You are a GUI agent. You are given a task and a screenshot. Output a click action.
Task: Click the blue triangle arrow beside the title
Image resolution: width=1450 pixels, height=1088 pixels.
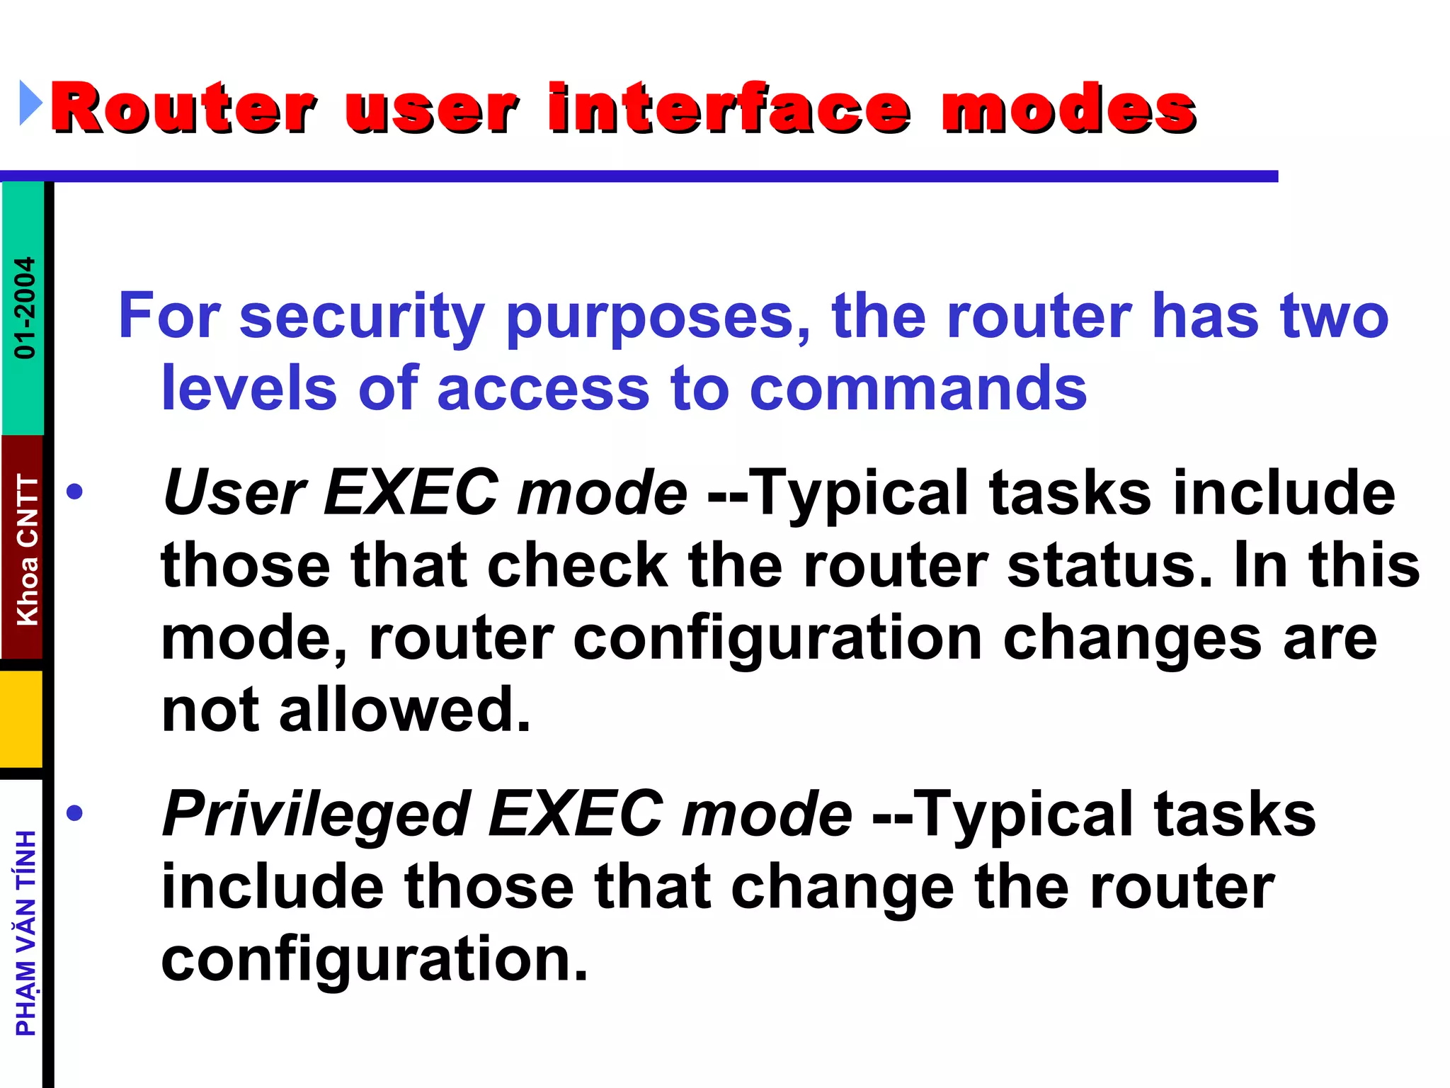point(30,103)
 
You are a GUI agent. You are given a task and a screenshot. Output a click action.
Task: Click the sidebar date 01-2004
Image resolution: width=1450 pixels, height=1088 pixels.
point(25,307)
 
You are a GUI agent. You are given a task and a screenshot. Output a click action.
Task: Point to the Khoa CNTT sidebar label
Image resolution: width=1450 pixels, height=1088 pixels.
point(27,550)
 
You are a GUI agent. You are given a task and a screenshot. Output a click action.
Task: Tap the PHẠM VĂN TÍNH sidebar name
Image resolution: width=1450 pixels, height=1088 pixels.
point(26,934)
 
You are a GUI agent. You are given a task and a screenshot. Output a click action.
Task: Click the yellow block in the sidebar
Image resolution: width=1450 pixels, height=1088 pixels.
point(21,718)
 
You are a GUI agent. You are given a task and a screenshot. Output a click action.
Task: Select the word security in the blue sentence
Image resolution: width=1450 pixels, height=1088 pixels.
point(362,317)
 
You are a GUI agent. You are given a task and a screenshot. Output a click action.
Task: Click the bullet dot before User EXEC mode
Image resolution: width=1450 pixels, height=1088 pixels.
point(74,492)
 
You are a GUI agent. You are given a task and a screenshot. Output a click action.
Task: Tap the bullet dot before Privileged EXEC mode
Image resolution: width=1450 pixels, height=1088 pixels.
point(74,813)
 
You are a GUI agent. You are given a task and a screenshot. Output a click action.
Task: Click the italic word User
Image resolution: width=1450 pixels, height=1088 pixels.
point(234,492)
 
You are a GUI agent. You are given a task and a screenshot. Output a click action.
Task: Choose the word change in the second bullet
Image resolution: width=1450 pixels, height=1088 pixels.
point(843,888)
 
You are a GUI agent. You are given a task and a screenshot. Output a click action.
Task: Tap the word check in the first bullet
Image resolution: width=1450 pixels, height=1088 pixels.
point(578,565)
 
